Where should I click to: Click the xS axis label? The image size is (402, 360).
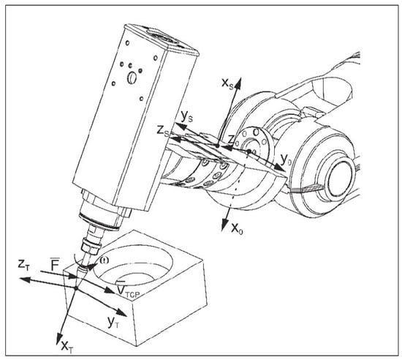(227, 83)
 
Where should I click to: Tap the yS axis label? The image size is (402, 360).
(187, 117)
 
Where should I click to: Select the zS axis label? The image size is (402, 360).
(163, 132)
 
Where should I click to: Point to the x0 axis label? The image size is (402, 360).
(237, 228)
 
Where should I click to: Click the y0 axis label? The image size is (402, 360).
(286, 160)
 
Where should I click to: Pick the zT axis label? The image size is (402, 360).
(23, 265)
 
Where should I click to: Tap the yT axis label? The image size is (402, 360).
(113, 323)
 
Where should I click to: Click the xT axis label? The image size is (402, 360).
(67, 347)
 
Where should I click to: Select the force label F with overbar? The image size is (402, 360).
(55, 264)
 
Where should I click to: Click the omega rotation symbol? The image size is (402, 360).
(105, 260)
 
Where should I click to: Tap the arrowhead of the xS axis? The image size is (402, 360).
(239, 82)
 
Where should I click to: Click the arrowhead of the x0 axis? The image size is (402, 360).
(226, 225)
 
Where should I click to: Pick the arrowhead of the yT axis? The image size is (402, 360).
(121, 312)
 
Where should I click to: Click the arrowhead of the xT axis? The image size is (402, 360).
(58, 339)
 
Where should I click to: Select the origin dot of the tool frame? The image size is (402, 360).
(76, 289)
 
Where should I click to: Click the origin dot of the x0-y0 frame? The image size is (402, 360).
(249, 151)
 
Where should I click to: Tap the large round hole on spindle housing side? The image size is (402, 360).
(132, 78)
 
